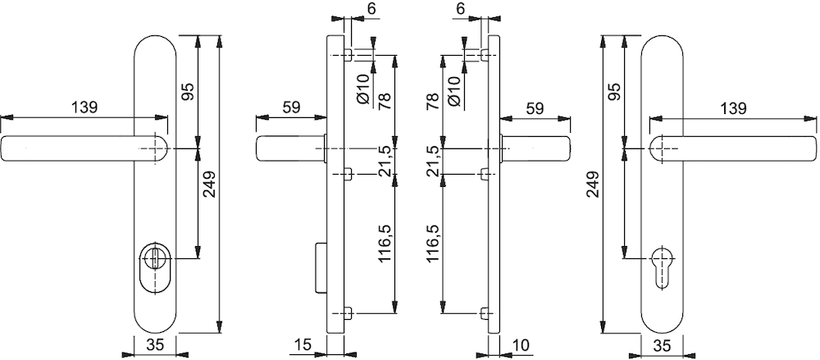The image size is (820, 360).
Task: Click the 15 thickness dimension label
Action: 303,344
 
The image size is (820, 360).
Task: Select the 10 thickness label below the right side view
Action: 522,344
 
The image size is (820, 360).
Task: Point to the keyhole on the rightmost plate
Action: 663,265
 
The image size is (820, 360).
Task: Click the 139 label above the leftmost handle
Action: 84,107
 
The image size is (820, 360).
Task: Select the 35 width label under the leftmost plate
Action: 155,344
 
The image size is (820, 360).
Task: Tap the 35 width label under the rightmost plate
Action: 663,344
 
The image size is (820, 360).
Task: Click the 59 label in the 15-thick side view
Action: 291,107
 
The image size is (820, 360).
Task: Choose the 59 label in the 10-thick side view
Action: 535,108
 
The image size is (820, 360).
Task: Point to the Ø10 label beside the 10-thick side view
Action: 454,90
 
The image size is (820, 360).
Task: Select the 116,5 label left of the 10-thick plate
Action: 433,243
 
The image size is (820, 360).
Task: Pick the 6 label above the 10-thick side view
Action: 460,8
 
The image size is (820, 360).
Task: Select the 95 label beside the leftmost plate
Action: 189,91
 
